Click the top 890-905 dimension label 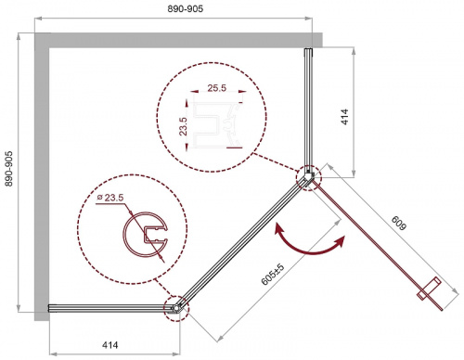tap(186, 8)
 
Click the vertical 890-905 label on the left tap(9, 169)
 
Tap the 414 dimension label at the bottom tap(110, 344)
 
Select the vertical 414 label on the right tap(344, 117)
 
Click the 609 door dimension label tap(399, 223)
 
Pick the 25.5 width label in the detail tap(216, 88)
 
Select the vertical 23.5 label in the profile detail tap(183, 126)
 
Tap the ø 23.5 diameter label tap(110, 198)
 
